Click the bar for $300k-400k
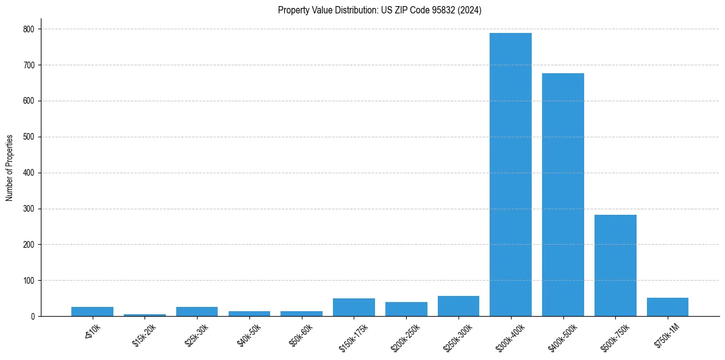pyautogui.click(x=510, y=175)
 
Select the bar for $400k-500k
pyautogui.click(x=563, y=195)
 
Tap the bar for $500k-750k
pyautogui.click(x=615, y=265)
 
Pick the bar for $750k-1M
pyautogui.click(x=667, y=307)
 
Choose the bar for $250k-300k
pyautogui.click(x=459, y=306)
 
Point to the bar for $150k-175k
pyautogui.click(x=354, y=308)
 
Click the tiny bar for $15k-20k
pyautogui.click(x=145, y=315)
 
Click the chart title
pyautogui.click(x=379, y=10)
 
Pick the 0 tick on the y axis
pyautogui.click(x=34, y=317)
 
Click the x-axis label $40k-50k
pyautogui.click(x=249, y=335)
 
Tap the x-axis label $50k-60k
pyautogui.click(x=301, y=335)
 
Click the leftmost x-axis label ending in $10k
pyautogui.click(x=92, y=333)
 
